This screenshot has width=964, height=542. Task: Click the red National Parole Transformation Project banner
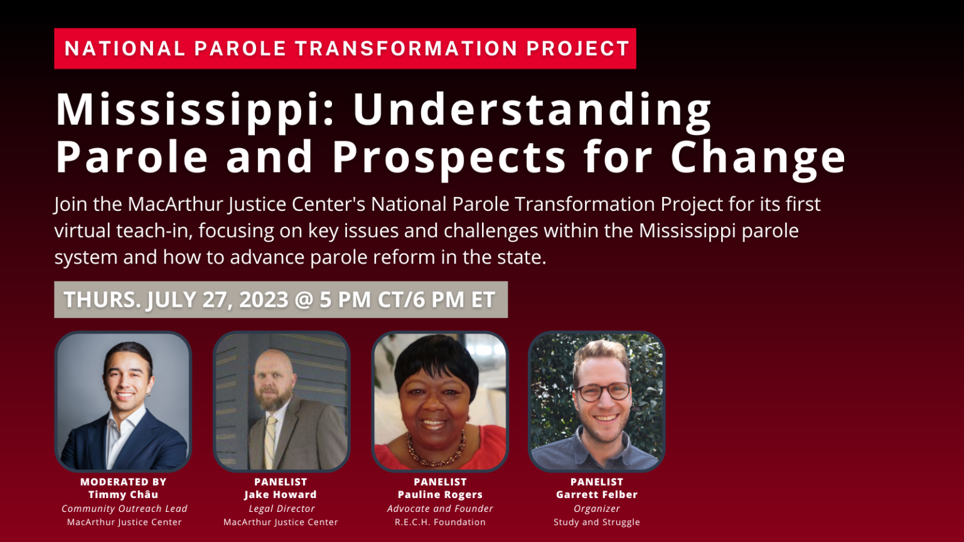(345, 48)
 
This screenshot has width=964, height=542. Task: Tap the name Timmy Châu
(123, 495)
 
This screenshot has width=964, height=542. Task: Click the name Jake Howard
(281, 495)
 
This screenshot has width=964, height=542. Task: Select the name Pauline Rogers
(440, 495)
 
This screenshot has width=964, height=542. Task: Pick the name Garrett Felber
(596, 495)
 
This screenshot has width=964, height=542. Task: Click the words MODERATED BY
(123, 482)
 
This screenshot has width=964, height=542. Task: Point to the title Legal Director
(281, 509)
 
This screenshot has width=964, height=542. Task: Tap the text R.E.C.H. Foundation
(440, 522)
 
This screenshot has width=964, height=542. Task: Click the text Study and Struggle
(596, 522)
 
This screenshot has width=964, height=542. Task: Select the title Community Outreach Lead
(124, 509)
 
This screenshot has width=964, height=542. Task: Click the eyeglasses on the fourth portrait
(602, 392)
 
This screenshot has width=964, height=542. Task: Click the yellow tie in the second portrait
(270, 442)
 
